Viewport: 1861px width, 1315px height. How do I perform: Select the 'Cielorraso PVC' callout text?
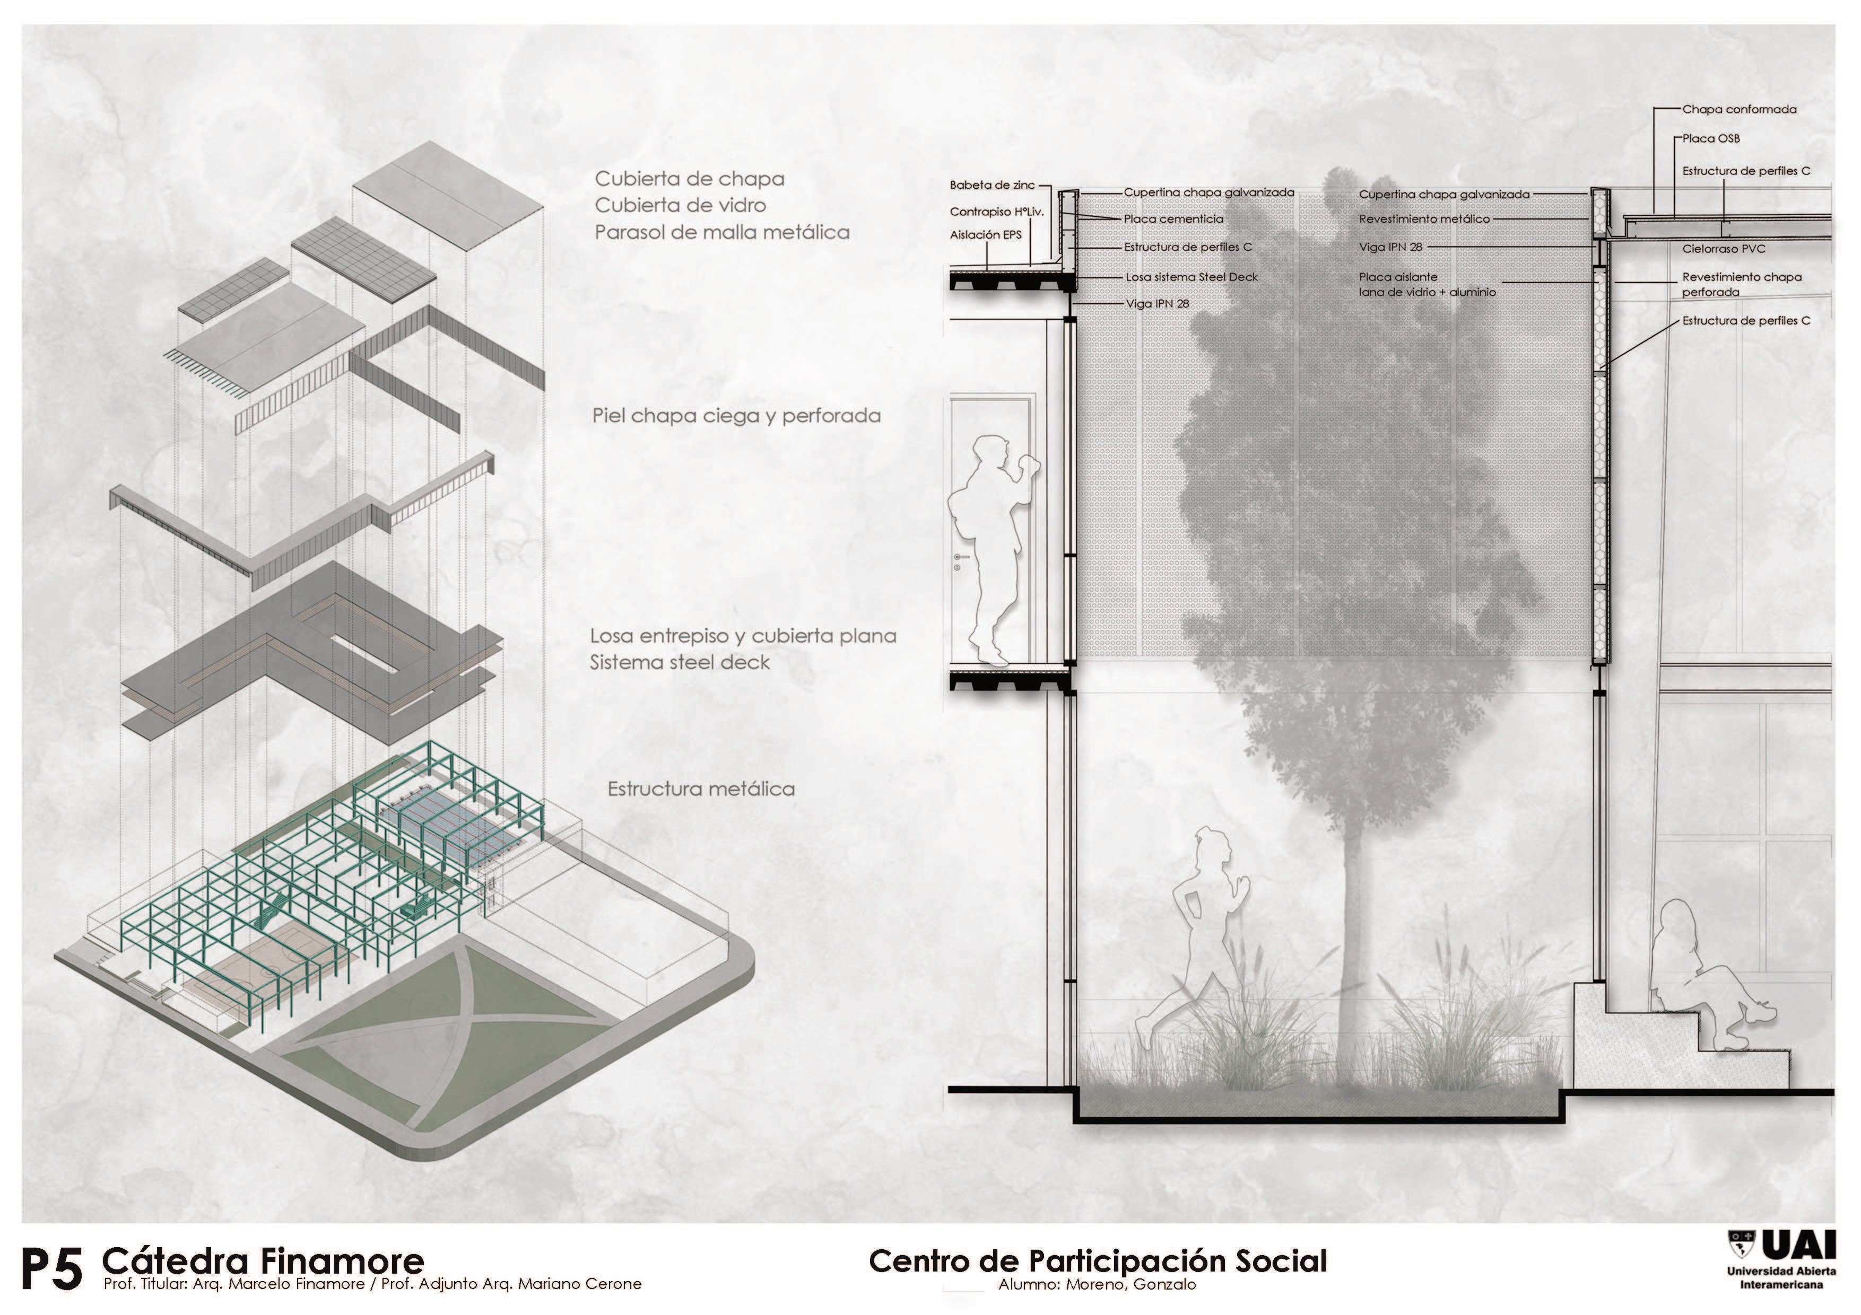pos(1723,249)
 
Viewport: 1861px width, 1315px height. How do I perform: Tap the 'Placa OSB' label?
pos(1710,138)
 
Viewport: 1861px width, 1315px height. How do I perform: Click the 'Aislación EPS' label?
pos(986,235)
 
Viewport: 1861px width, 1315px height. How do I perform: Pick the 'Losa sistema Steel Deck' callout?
pos(1192,277)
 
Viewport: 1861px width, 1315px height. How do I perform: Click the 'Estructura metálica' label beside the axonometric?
pos(701,789)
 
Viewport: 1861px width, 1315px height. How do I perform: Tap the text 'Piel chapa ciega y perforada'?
pos(736,416)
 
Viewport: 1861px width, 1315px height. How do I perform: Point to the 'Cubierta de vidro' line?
pos(680,206)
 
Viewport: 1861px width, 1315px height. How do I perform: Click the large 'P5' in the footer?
pos(51,1269)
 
